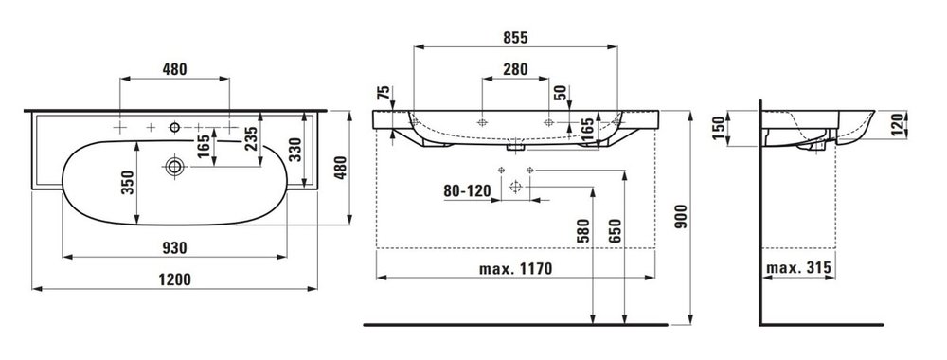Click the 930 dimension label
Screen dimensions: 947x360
pyautogui.click(x=174, y=247)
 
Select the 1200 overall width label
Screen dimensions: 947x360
pyautogui.click(x=174, y=279)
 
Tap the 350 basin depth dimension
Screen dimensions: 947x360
pyautogui.click(x=128, y=183)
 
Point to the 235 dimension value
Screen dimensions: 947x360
pyautogui.click(x=251, y=139)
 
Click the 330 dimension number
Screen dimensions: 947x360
pyautogui.click(x=295, y=149)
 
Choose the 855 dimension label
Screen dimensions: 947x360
pyautogui.click(x=515, y=38)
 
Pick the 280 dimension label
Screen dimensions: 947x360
pyautogui.click(x=515, y=69)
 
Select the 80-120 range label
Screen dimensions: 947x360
pyautogui.click(x=467, y=191)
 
